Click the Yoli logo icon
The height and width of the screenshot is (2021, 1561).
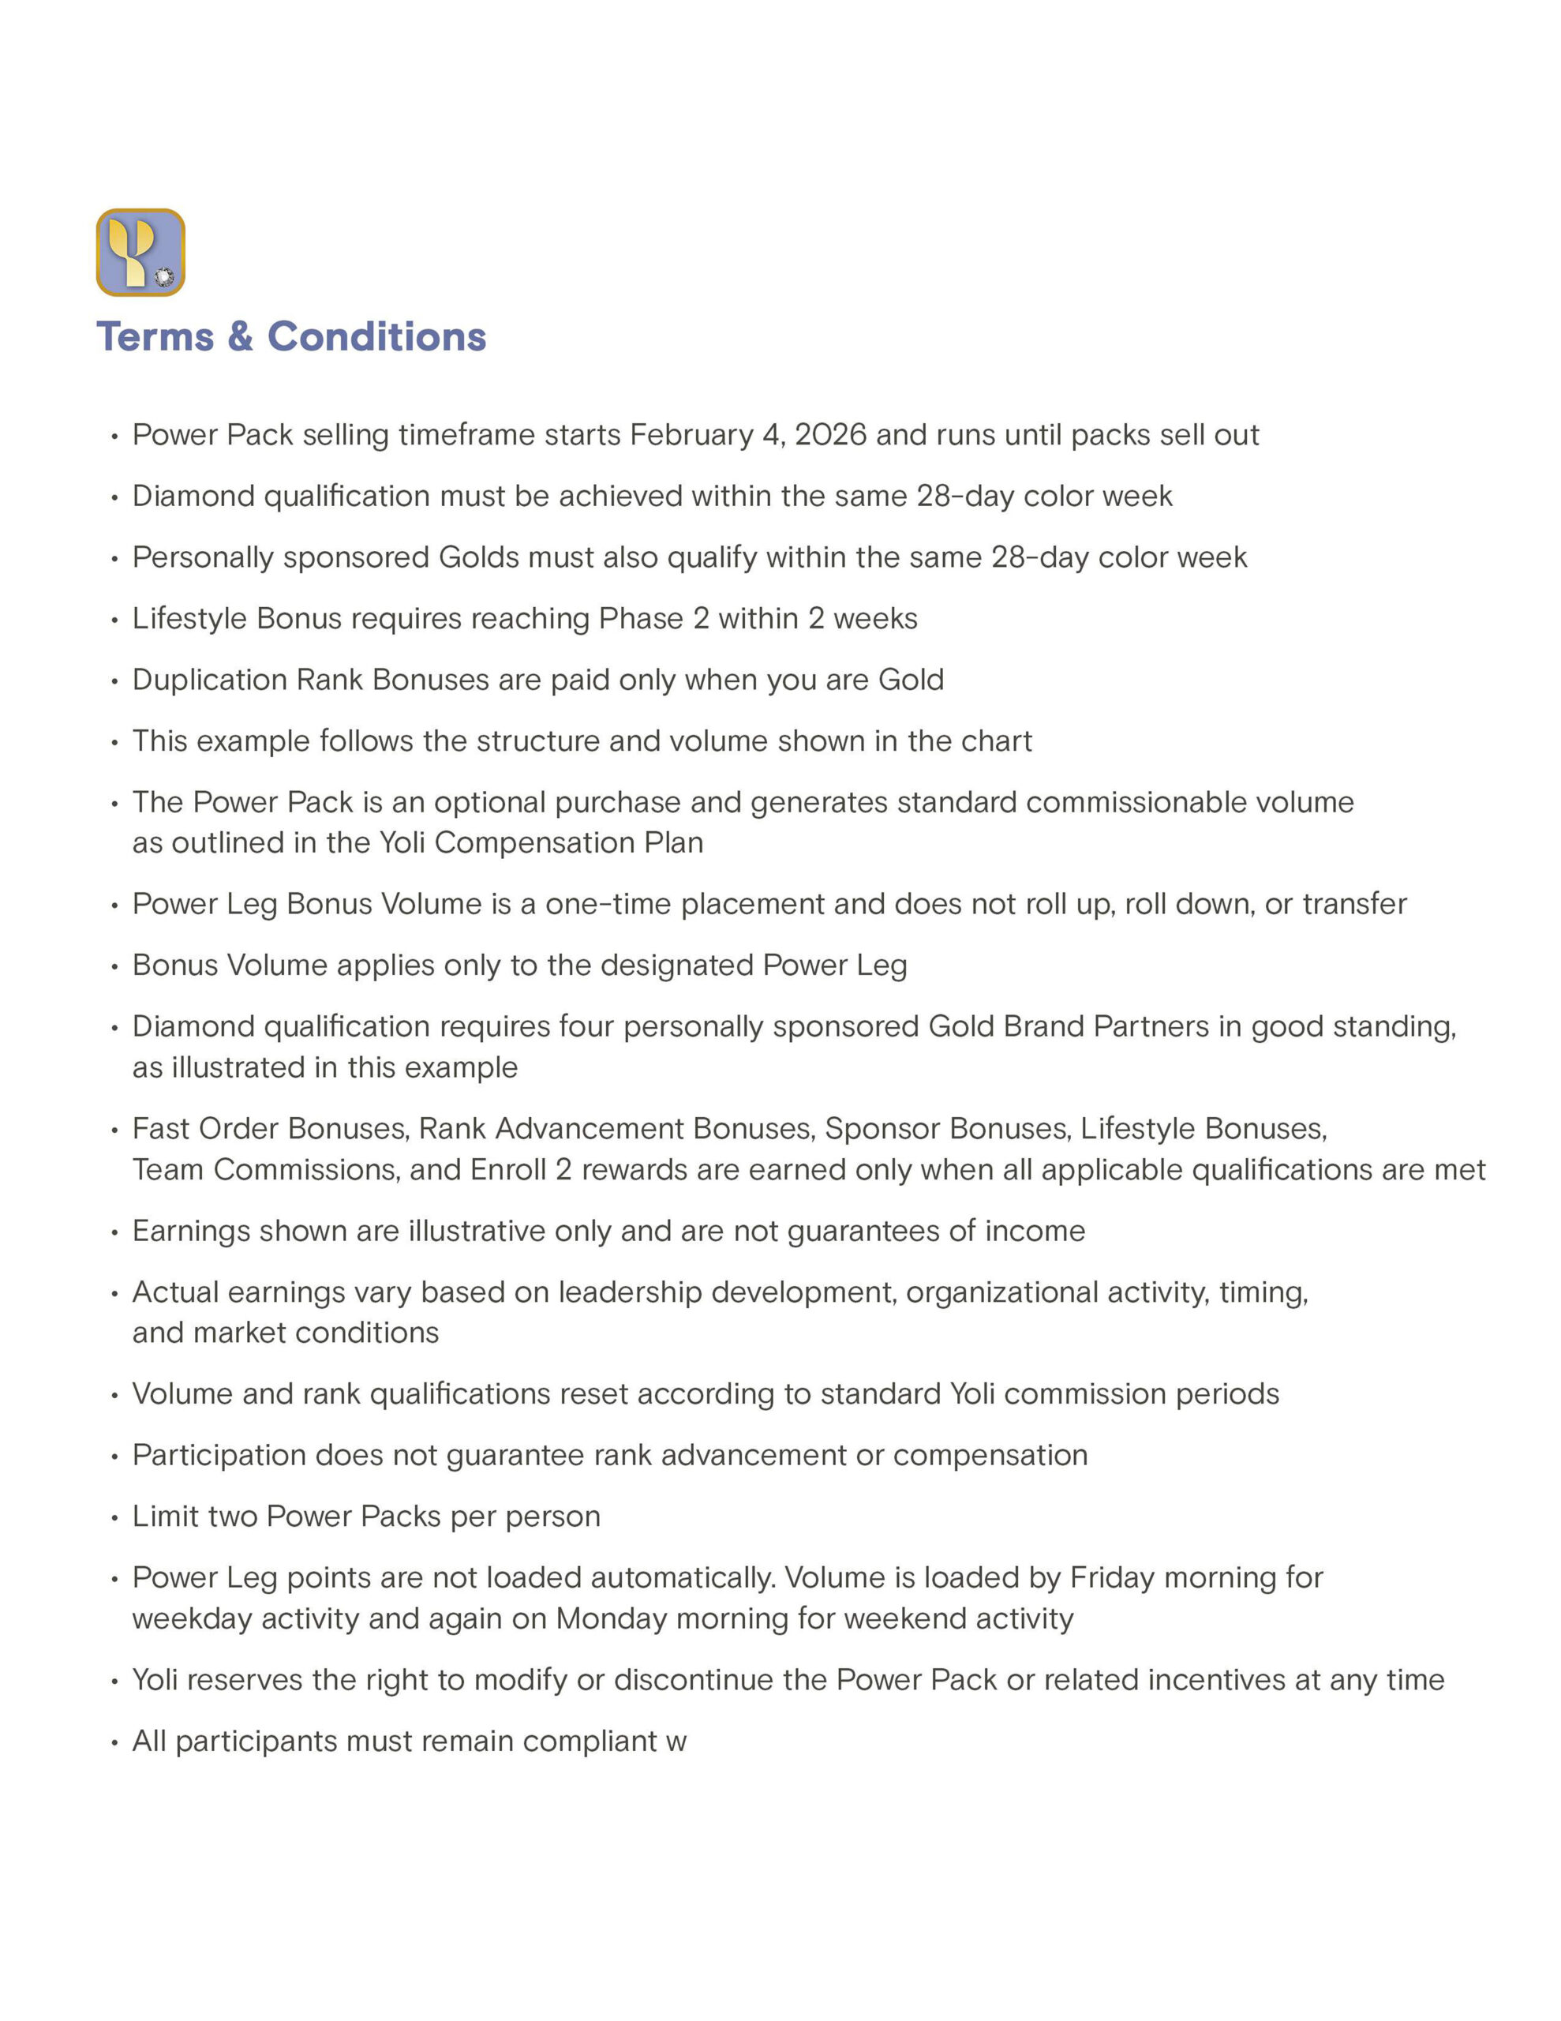140,253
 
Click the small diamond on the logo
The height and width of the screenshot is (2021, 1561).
165,276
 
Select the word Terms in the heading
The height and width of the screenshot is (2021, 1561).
155,337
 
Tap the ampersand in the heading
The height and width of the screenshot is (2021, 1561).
240,337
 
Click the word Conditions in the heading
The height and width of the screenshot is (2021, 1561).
376,337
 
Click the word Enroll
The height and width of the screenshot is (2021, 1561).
508,1170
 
